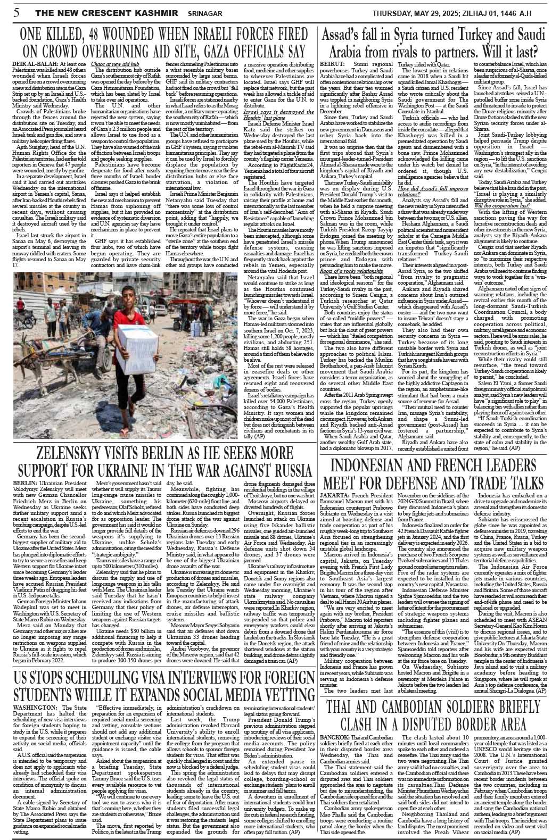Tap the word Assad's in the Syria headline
pyautogui.click(x=348, y=36)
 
